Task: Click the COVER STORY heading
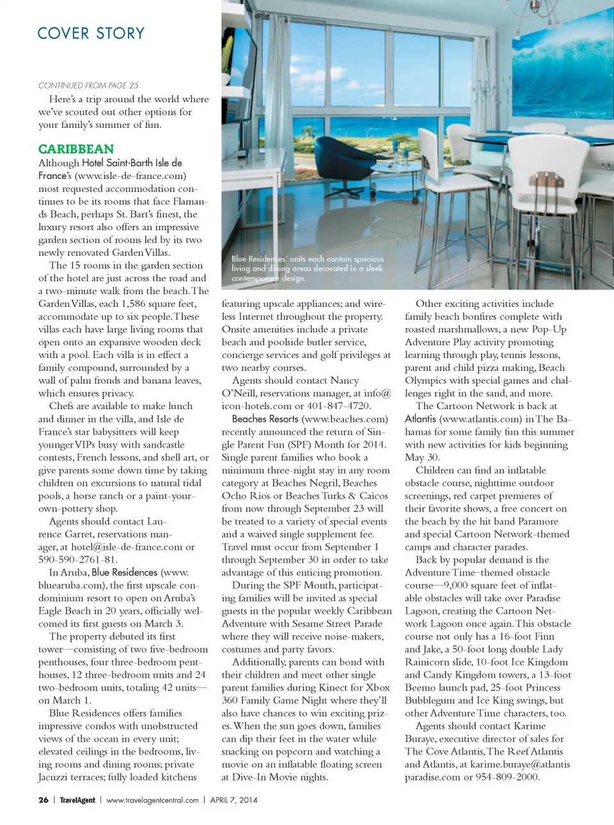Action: (91, 33)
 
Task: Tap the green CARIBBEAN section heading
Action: (76, 149)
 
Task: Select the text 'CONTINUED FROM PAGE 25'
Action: (88, 85)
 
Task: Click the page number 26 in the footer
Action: (43, 799)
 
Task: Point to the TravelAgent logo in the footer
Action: (77, 799)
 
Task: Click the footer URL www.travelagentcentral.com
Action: (152, 799)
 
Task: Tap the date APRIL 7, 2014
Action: (234, 799)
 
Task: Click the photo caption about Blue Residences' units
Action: (307, 269)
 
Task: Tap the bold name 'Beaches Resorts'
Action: (265, 419)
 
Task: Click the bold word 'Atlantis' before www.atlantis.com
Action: (421, 419)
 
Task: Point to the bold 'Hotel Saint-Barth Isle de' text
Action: (132, 162)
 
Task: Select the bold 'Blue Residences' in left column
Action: (124, 572)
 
